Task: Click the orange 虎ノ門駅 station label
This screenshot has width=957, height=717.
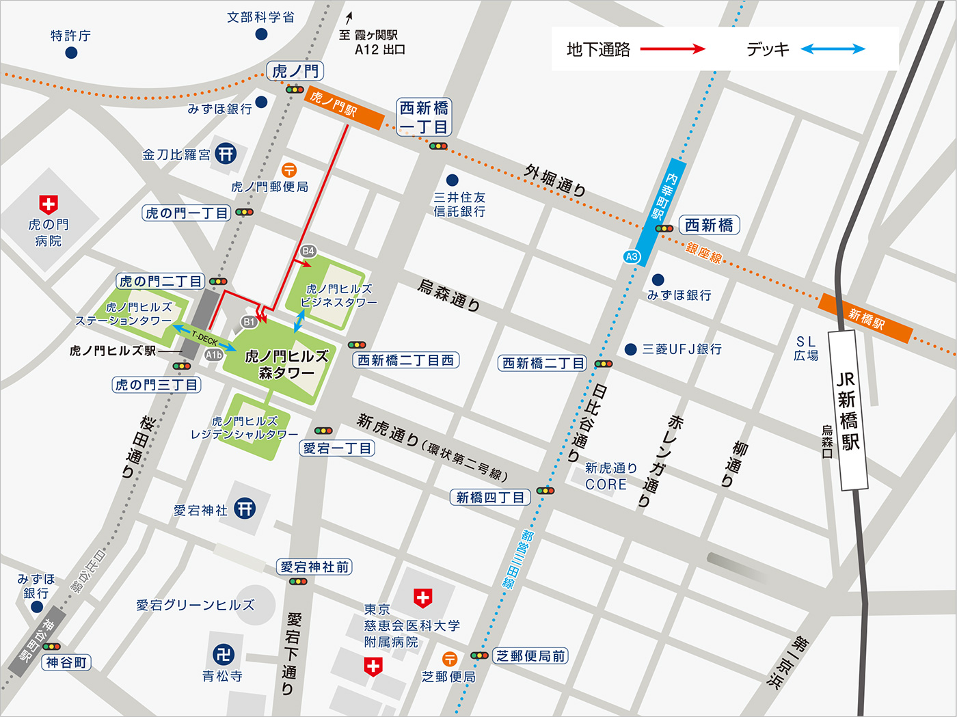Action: pos(343,108)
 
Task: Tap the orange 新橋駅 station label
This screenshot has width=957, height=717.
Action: pos(865,318)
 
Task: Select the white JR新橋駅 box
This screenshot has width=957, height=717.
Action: pos(848,411)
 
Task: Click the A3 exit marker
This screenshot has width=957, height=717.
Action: pos(632,257)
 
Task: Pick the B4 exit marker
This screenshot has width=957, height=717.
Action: pos(308,251)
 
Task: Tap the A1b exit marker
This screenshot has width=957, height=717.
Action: pos(213,355)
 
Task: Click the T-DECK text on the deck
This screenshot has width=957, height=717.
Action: pos(204,338)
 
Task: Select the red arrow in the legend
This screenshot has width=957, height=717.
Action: pos(673,49)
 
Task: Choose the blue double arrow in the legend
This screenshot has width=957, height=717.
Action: pos(833,49)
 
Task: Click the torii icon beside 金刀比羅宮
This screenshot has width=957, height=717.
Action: pos(226,153)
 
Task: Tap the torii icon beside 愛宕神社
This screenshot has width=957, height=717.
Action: pos(245,508)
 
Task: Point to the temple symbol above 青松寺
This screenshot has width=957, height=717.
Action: pos(223,655)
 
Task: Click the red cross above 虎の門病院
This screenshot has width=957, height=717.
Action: pos(48,203)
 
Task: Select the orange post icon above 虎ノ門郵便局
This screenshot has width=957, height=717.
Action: pos(289,170)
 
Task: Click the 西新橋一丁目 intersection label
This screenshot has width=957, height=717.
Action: pos(424,118)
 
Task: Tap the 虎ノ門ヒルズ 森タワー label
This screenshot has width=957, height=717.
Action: pos(286,364)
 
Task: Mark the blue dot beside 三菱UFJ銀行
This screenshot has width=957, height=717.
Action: pos(630,349)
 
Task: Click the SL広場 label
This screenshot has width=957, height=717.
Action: pos(806,348)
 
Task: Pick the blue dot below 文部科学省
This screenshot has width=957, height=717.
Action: pos(261,34)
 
